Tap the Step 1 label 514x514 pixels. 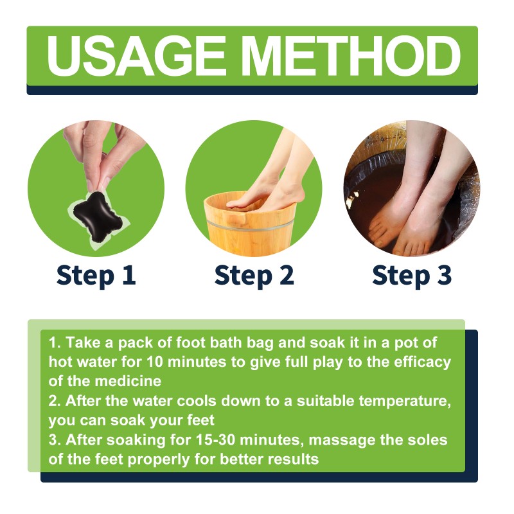coord(96,274)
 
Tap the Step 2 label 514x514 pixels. coord(254,274)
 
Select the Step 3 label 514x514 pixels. coord(412,274)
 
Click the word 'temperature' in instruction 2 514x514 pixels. coord(398,401)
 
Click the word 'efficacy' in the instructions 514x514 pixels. coord(420,362)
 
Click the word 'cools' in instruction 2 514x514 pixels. coord(202,401)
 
